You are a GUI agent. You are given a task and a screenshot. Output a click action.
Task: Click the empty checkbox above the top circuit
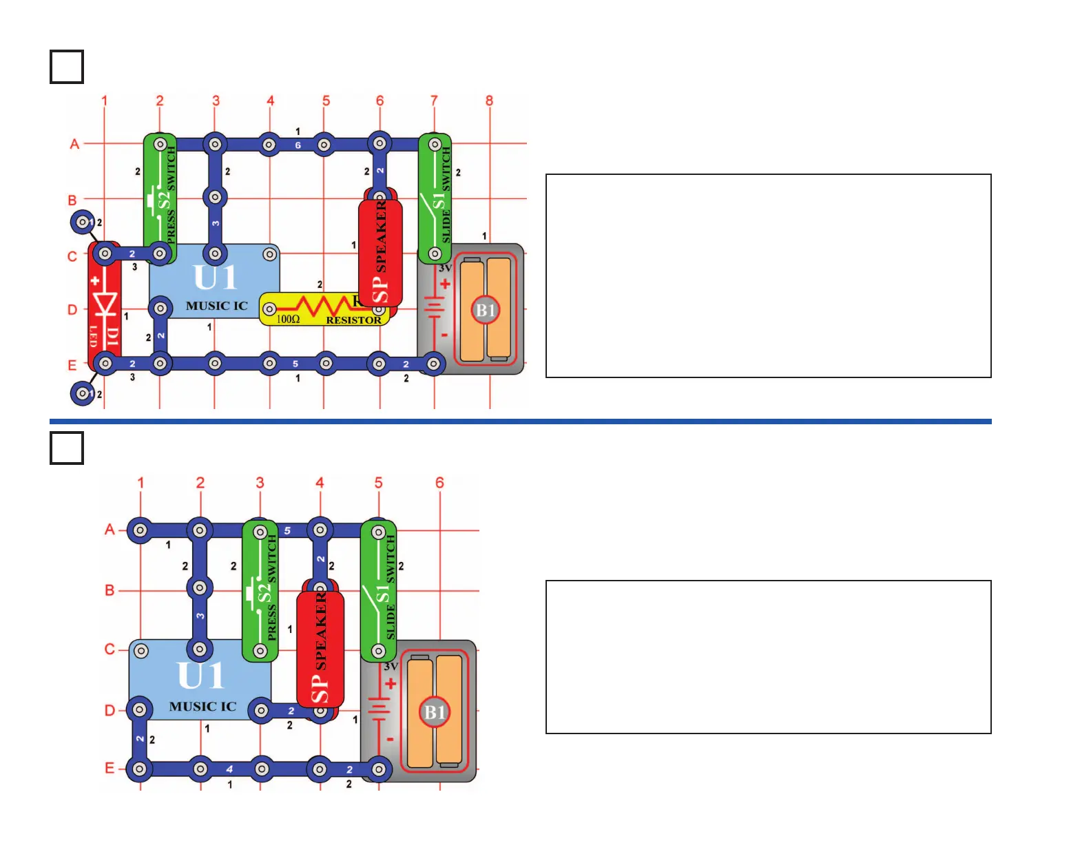pyautogui.click(x=67, y=67)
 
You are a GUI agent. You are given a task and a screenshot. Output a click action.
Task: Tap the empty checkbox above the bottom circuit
pyautogui.click(x=67, y=448)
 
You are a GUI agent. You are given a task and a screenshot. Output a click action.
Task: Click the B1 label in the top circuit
pyautogui.click(x=486, y=310)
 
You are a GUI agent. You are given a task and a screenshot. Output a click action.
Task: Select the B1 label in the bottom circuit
pyautogui.click(x=434, y=711)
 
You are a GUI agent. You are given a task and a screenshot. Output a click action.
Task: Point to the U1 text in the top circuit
pyautogui.click(x=215, y=278)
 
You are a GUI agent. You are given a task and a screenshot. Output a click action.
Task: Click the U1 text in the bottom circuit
pyautogui.click(x=200, y=676)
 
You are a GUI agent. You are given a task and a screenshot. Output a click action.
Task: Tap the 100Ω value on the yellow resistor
pyautogui.click(x=288, y=320)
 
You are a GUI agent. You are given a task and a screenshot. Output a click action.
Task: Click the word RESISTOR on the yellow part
pyautogui.click(x=353, y=320)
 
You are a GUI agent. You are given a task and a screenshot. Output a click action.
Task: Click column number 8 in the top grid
pyautogui.click(x=489, y=101)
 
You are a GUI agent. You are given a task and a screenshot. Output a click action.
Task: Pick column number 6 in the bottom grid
pyautogui.click(x=439, y=483)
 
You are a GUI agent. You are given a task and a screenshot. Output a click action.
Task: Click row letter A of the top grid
pyautogui.click(x=74, y=144)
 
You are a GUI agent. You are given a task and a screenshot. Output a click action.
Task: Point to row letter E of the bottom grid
pyautogui.click(x=110, y=768)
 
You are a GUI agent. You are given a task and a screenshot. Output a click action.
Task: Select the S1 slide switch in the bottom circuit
pyautogui.click(x=379, y=591)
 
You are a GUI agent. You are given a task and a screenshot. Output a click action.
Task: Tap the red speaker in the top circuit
pyautogui.click(x=380, y=251)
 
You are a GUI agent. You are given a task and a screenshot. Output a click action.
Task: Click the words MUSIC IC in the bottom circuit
pyautogui.click(x=202, y=707)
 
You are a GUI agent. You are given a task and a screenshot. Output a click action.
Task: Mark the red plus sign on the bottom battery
pyautogui.click(x=391, y=684)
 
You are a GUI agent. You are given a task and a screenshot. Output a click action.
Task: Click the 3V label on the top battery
pyautogui.click(x=445, y=269)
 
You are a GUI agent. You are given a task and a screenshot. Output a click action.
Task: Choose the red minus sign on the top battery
pyautogui.click(x=444, y=335)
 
